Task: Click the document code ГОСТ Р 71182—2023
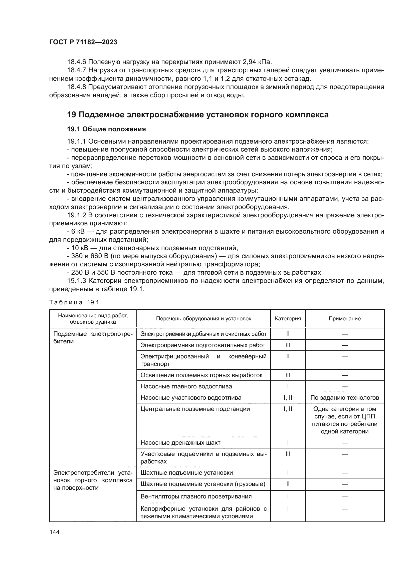coord(83,42)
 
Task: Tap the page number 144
coord(54,532)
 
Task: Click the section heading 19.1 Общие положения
coord(106,129)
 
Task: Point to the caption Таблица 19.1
coord(74,302)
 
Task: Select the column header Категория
coord(288,318)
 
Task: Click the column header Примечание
coord(344,318)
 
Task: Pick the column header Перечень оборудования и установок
coord(203,318)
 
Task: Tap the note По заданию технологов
coord(344,398)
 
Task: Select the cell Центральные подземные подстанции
coord(195,409)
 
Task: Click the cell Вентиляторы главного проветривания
coord(196,496)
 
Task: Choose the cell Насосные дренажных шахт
coord(180,443)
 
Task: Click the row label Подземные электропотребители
coord(93,337)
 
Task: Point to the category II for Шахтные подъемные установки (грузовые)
coord(288,484)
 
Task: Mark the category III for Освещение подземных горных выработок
coord(288,375)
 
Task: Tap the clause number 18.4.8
coord(77,87)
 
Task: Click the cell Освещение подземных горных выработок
coord(201,375)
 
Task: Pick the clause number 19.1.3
coord(77,281)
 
